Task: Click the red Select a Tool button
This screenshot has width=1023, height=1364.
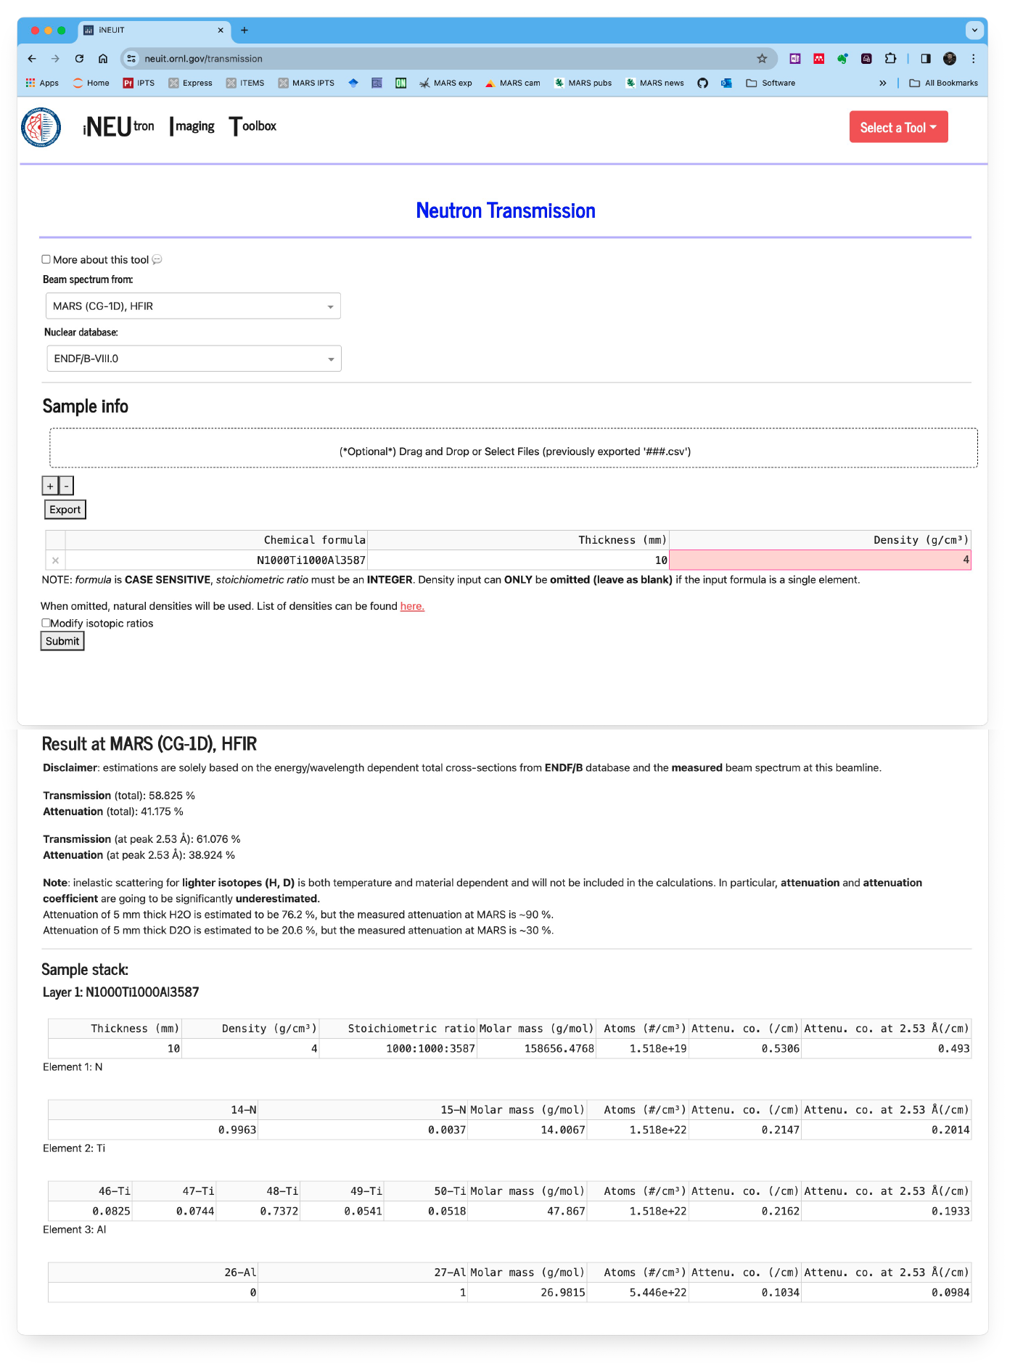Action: coord(898,127)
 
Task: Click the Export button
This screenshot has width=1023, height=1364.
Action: coord(65,510)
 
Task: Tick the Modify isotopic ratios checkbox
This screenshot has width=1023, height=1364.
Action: coord(46,623)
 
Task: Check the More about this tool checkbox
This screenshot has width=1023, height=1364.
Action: coord(46,259)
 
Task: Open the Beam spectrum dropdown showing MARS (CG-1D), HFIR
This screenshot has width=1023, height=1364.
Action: coord(193,306)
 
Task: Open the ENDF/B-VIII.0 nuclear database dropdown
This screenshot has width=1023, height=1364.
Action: coord(194,359)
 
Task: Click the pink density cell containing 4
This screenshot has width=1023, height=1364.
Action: coord(820,560)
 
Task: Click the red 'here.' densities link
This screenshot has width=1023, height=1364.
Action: coord(412,606)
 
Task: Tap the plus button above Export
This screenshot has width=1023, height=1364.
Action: coord(50,486)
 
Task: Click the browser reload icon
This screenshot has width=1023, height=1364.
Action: coord(79,59)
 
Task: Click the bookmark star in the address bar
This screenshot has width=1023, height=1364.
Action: coord(762,59)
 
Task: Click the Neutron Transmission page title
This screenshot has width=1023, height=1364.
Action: coord(506,211)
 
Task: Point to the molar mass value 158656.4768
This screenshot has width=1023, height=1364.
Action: coord(559,1048)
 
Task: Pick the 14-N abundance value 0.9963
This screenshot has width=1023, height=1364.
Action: coord(237,1130)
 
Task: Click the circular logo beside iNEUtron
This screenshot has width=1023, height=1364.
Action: coord(41,127)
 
